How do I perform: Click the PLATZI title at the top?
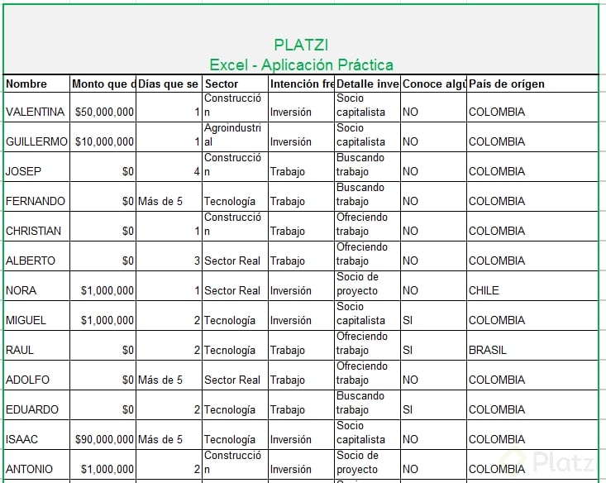[x=301, y=45]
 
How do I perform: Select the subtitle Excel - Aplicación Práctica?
[x=301, y=65]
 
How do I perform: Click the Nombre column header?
[x=26, y=84]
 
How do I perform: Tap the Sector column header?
[x=222, y=84]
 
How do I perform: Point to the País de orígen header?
[x=507, y=84]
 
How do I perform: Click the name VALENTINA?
[x=35, y=112]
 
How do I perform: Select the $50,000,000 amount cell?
[x=104, y=112]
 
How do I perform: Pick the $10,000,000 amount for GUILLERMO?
[x=104, y=141]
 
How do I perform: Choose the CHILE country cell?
[x=484, y=290]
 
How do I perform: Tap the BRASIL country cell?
[x=488, y=350]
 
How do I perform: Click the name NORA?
[x=21, y=290]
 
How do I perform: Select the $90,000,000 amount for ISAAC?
[x=104, y=439]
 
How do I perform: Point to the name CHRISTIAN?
[x=33, y=231]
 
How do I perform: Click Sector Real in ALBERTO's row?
[x=232, y=261]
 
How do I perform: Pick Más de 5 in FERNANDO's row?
[x=160, y=201]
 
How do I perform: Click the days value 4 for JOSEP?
[x=196, y=171]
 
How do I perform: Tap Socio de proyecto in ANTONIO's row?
[x=357, y=461]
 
